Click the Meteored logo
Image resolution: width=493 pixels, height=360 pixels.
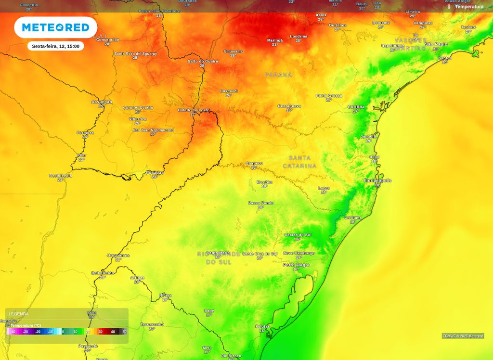pyautogui.click(x=55, y=27)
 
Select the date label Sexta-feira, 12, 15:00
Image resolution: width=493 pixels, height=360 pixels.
pyautogui.click(x=55, y=46)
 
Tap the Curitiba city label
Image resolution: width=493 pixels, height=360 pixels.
pyautogui.click(x=356, y=107)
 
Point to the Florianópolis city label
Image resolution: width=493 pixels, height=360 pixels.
pyautogui.click(x=377, y=180)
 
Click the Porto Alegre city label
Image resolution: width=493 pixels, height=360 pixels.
pyautogui.click(x=296, y=265)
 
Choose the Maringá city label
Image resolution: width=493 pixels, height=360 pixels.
pyautogui.click(x=275, y=40)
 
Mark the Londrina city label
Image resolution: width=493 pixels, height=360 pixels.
pyautogui.click(x=298, y=37)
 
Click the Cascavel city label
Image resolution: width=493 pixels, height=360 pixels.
pyautogui.click(x=229, y=91)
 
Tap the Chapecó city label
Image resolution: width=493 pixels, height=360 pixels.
pyautogui.click(x=254, y=164)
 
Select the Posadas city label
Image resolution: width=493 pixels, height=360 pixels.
pyautogui.click(x=155, y=172)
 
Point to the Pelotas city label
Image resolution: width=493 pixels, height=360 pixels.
pyautogui.click(x=262, y=326)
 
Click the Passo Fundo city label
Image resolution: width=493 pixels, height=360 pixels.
pyautogui.click(x=261, y=203)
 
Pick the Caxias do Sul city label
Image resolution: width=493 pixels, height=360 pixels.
pyautogui.click(x=298, y=234)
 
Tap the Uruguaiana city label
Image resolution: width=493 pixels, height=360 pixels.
pyautogui.click(x=118, y=255)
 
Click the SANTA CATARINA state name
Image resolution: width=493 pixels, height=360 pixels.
pyautogui.click(x=299, y=162)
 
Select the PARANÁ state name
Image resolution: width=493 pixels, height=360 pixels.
pyautogui.click(x=278, y=75)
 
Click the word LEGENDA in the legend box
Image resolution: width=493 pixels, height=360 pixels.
pyautogui.click(x=19, y=314)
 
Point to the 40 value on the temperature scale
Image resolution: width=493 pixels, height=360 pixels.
pyautogui.click(x=113, y=332)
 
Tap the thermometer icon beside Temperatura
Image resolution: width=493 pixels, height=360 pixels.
pyautogui.click(x=449, y=7)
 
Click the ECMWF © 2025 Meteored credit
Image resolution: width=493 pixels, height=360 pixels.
pyautogui.click(x=463, y=336)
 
